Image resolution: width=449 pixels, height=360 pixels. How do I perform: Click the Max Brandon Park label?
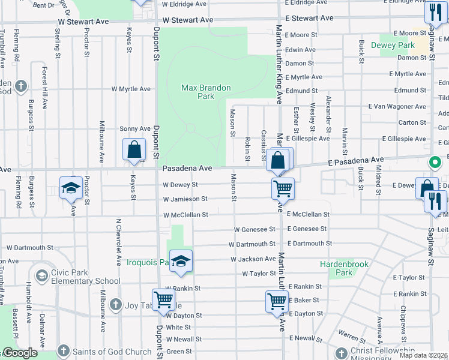point(206,92)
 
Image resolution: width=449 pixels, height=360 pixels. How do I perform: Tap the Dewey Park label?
point(393,45)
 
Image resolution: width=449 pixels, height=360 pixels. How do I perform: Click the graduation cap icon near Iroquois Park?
point(181,260)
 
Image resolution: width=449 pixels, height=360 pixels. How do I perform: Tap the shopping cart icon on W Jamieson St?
point(283,188)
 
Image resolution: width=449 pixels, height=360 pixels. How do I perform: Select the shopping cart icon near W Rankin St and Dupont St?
point(163,301)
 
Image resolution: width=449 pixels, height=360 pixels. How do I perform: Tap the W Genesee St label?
point(255,229)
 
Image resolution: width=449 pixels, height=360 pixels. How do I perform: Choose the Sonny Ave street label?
point(134,128)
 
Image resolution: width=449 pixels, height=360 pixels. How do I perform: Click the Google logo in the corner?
point(19,353)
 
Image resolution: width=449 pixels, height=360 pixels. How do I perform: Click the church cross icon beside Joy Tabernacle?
point(115,305)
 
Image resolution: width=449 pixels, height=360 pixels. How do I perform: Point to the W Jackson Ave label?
point(253,259)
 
